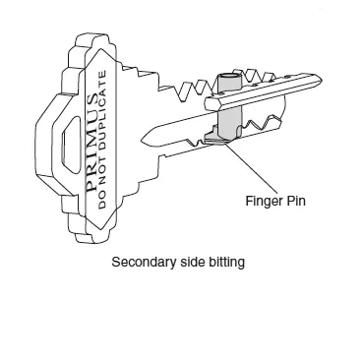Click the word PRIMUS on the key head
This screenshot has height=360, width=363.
tap(91, 143)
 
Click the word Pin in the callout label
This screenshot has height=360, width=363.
tap(296, 201)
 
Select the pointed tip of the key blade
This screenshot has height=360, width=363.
tap(144, 137)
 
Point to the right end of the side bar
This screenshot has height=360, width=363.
tap(320, 80)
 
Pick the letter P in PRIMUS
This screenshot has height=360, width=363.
tap(91, 186)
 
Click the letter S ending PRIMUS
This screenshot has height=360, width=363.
tap(91, 99)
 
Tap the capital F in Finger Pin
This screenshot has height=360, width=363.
tap(249, 201)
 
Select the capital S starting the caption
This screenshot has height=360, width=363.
tap(115, 263)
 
